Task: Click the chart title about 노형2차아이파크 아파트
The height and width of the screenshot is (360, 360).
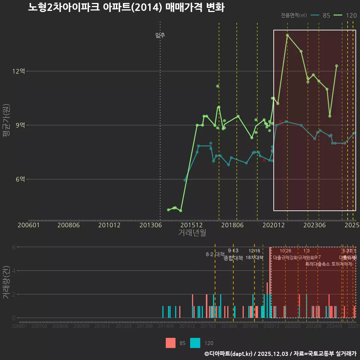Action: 126,7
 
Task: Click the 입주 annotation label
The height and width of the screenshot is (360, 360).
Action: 160,35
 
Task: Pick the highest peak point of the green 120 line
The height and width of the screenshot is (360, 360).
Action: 287,35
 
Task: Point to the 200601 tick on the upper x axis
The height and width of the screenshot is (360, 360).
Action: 29,225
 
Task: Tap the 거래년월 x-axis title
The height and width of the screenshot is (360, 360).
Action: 192,233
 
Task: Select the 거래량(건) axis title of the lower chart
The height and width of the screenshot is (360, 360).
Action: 6,282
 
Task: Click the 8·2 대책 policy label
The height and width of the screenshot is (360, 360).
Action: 215,254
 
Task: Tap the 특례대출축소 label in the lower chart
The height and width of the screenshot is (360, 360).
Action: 318,264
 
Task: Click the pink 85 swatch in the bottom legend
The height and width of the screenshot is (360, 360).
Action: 171,343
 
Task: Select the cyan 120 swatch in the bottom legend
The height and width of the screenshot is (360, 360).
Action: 195,343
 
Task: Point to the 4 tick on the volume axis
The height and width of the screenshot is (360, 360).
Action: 14,270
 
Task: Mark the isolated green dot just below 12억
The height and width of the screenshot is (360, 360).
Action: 217,86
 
